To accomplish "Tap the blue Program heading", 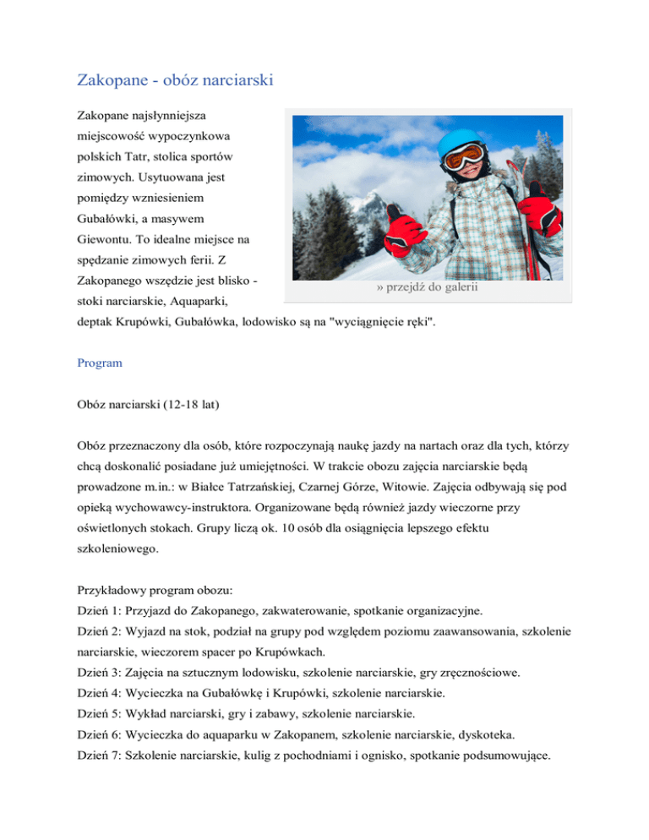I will point(99,363).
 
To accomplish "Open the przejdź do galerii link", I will point(428,287).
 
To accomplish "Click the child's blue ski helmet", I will point(461,140).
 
